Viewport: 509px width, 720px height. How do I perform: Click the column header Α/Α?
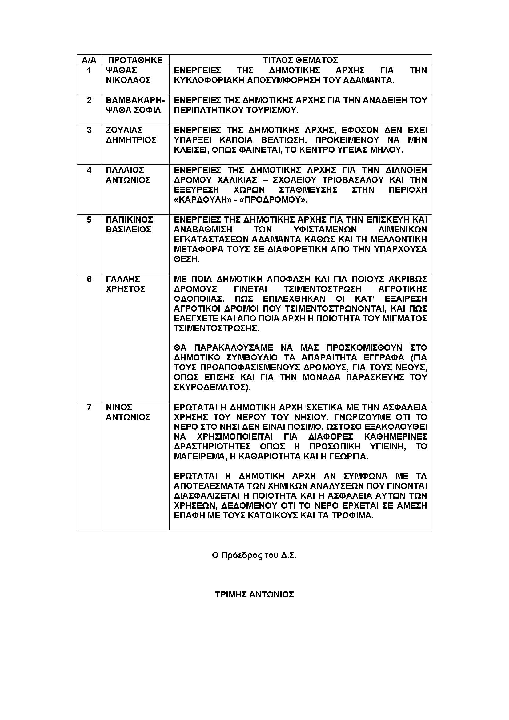[89, 60]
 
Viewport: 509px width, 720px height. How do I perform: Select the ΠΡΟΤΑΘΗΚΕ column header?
[135, 60]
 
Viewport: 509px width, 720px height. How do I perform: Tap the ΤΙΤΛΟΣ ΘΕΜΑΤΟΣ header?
[300, 60]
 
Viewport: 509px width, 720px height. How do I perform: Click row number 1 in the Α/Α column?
[89, 70]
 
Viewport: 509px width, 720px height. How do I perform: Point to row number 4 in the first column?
[89, 170]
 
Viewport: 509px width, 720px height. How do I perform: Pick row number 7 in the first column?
[89, 407]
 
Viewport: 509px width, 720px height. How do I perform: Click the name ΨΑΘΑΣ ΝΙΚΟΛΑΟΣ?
[128, 75]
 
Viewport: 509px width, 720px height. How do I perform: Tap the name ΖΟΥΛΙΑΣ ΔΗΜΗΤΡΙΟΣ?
[131, 135]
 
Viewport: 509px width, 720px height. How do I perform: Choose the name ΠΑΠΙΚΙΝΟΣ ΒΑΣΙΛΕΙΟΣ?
[129, 224]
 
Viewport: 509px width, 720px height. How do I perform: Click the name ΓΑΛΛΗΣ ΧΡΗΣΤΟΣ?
[126, 284]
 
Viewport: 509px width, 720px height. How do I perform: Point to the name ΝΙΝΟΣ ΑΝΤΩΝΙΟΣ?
[128, 412]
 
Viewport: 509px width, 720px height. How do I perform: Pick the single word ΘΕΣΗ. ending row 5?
[186, 259]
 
